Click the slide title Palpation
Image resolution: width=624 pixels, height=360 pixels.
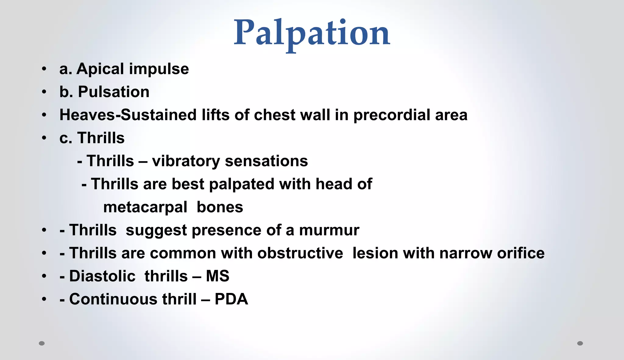point(312,33)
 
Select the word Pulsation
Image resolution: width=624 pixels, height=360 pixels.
point(114,92)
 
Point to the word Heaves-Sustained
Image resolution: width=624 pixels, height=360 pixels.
point(128,115)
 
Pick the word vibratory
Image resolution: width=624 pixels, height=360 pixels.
point(186,161)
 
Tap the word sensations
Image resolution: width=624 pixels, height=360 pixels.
point(266,161)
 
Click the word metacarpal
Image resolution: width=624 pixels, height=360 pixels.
point(145,208)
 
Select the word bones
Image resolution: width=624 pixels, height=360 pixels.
point(220,207)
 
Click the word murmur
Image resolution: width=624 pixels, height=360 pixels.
point(329,230)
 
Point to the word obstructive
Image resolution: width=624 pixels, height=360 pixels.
point(300,253)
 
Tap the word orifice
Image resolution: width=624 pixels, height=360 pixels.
point(521,253)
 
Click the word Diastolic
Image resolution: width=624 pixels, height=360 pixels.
point(102,277)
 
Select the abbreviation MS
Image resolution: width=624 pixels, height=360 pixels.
point(218,276)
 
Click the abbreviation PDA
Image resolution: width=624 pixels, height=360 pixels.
point(231,299)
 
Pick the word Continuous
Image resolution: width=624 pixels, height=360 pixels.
point(113,299)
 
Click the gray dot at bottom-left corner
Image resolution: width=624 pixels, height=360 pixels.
point(42,343)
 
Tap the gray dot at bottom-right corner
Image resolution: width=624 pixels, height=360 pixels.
point(580,343)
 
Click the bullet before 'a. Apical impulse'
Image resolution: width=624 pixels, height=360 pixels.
point(44,69)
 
